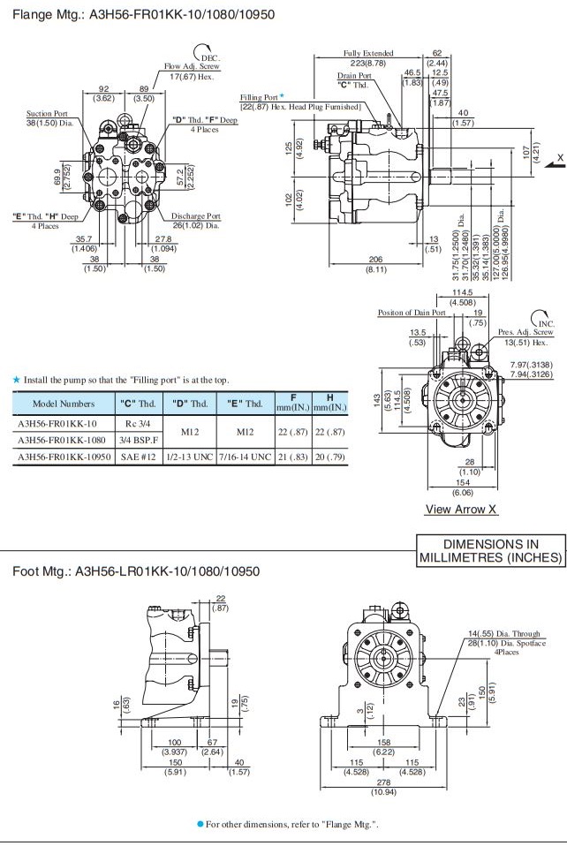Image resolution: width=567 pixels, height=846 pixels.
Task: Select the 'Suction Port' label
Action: click(47, 113)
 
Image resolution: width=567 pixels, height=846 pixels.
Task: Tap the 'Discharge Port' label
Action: click(196, 215)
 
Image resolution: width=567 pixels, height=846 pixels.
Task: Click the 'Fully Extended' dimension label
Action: click(368, 53)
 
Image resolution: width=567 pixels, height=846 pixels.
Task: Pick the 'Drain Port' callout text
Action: click(355, 76)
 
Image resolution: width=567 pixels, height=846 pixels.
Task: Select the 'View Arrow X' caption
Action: click(461, 509)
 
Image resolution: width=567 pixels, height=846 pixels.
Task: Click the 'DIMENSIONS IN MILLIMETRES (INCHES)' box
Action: click(490, 550)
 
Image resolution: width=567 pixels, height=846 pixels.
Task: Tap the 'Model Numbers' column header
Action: click(64, 404)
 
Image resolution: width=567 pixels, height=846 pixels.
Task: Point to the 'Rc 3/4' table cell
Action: click(139, 423)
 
